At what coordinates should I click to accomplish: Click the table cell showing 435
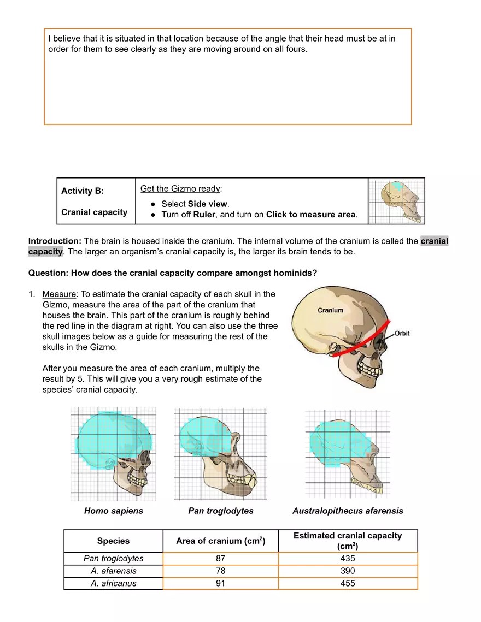click(x=348, y=558)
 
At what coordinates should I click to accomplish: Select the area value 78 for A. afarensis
click(x=220, y=571)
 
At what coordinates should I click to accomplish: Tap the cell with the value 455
click(x=348, y=583)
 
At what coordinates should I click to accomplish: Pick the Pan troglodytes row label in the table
click(x=113, y=558)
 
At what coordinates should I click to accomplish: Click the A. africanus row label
click(x=113, y=583)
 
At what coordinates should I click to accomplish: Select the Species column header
click(x=113, y=541)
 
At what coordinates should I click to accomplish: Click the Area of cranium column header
click(x=220, y=541)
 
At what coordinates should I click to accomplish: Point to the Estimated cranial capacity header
click(x=348, y=541)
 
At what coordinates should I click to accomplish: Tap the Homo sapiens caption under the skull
click(x=113, y=511)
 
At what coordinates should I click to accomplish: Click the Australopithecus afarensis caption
click(x=348, y=511)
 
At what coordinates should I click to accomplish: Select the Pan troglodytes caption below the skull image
click(x=220, y=511)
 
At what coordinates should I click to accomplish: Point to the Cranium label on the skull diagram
click(x=331, y=310)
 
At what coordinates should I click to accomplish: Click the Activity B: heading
click(x=82, y=191)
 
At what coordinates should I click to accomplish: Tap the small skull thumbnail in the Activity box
click(x=396, y=201)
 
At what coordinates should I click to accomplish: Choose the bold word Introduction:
click(x=55, y=241)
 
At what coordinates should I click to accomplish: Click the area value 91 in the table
click(x=220, y=583)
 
